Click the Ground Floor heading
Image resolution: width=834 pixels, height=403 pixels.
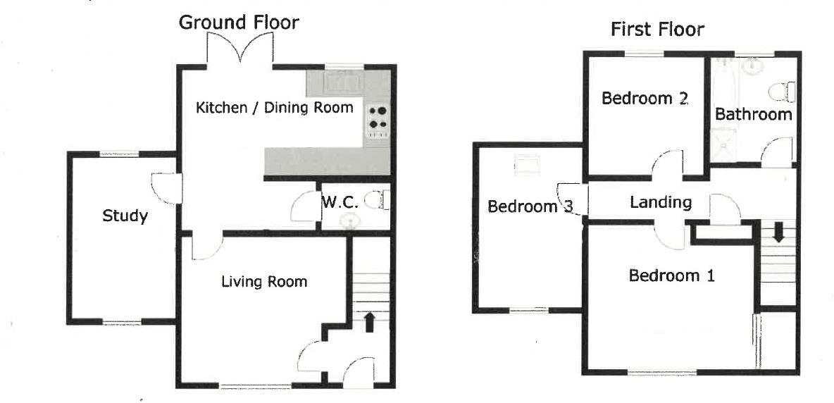[238, 23]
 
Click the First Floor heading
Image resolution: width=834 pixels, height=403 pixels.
[656, 30]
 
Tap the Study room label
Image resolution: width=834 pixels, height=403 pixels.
[125, 216]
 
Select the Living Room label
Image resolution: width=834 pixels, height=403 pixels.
[264, 282]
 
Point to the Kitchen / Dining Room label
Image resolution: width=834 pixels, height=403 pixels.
[274, 108]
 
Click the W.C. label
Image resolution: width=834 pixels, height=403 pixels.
[340, 202]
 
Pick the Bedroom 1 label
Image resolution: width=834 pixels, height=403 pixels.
[671, 275]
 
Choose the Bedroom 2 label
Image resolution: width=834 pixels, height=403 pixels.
[644, 99]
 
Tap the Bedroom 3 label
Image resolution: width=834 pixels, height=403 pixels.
[530, 206]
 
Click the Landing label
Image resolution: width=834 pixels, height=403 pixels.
[660, 203]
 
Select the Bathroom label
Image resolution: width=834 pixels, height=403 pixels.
[753, 114]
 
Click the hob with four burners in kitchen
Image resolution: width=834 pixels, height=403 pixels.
[378, 118]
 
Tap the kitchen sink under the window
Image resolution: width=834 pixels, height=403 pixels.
[343, 82]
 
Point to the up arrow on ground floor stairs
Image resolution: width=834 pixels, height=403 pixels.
[368, 322]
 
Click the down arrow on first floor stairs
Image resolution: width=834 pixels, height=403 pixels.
[778, 232]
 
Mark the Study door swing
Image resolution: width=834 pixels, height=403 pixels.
[163, 189]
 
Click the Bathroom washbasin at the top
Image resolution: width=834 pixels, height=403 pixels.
[754, 66]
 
